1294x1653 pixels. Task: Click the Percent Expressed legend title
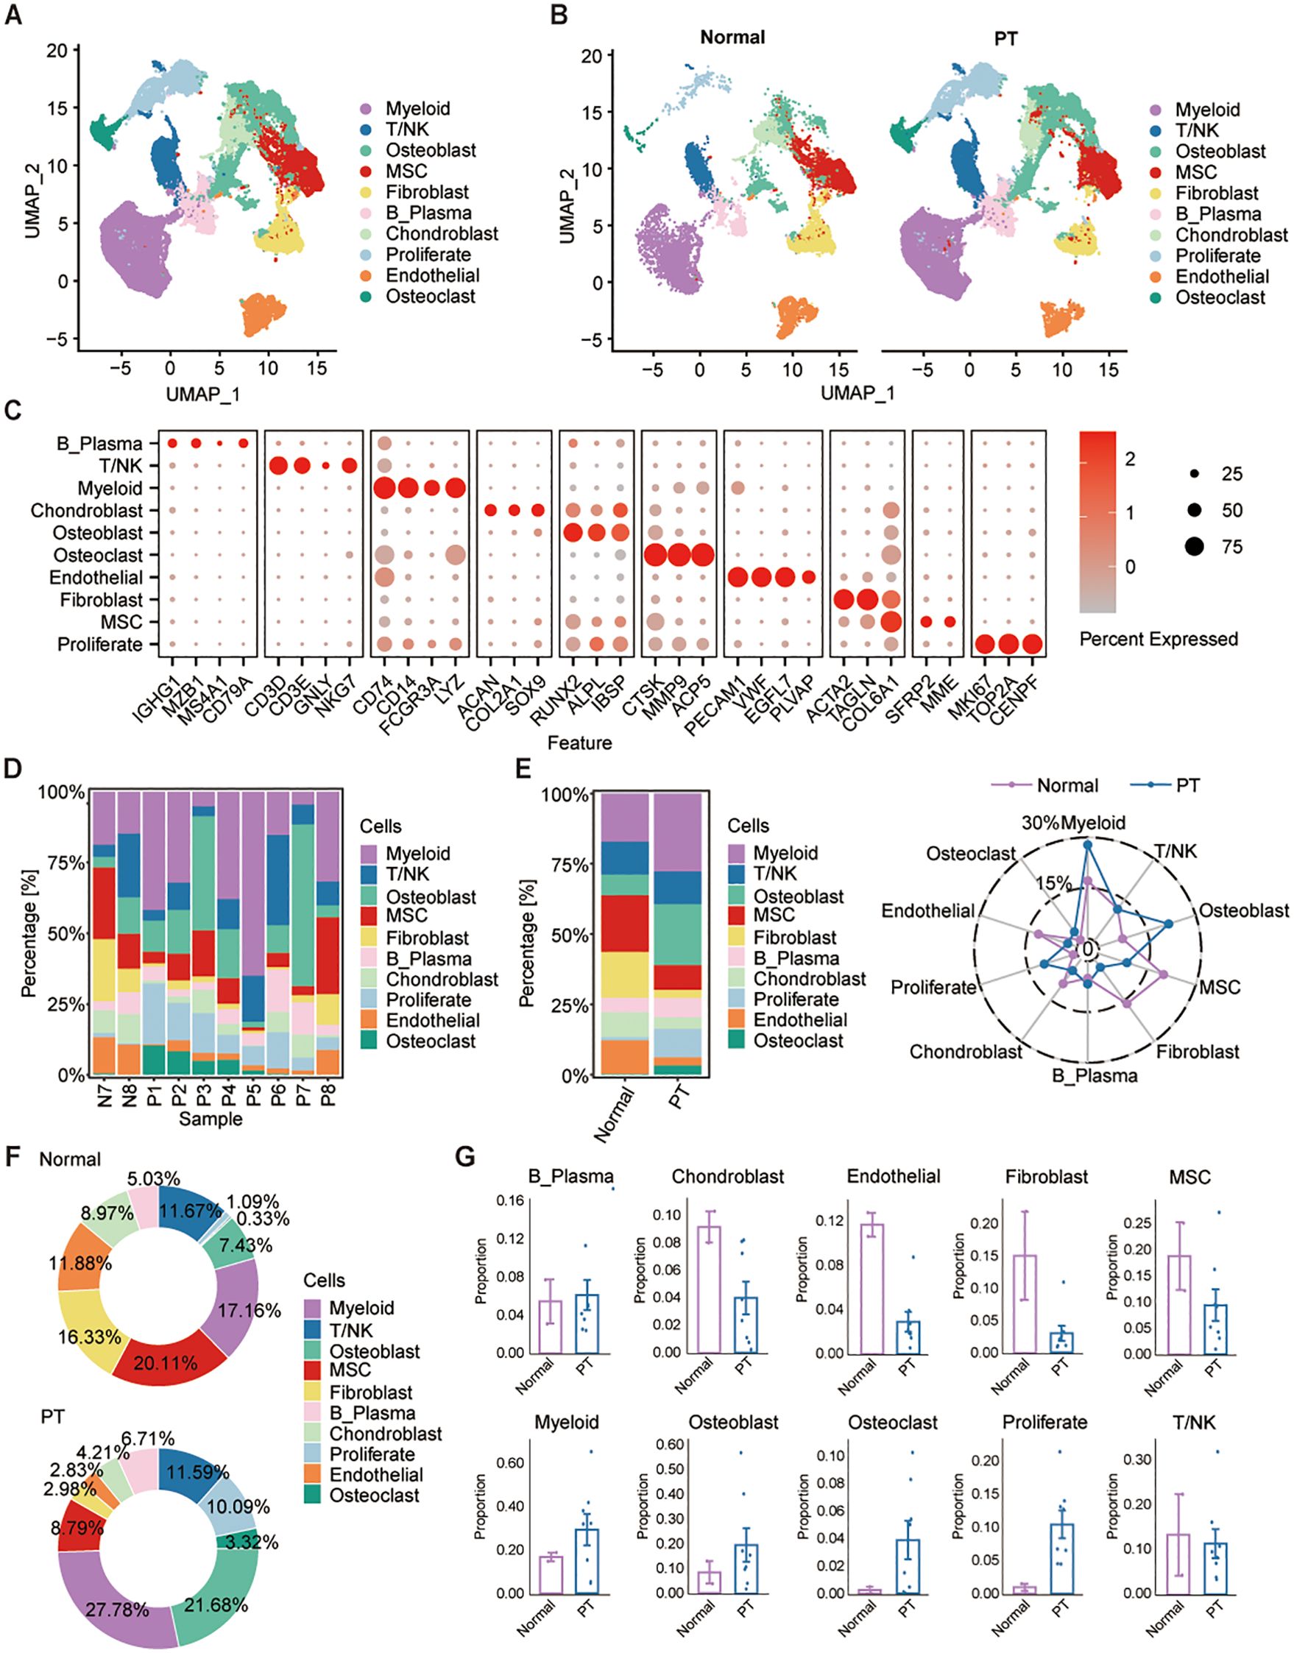pyautogui.click(x=1159, y=640)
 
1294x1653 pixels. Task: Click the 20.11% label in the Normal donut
pyautogui.click(x=164, y=1364)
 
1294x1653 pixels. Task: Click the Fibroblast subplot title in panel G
pyautogui.click(x=1046, y=1177)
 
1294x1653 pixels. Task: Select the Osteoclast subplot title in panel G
pyautogui.click(x=894, y=1422)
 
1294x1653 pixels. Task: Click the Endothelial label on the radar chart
pyautogui.click(x=927, y=910)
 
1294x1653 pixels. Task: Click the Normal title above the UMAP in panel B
pyautogui.click(x=732, y=37)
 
